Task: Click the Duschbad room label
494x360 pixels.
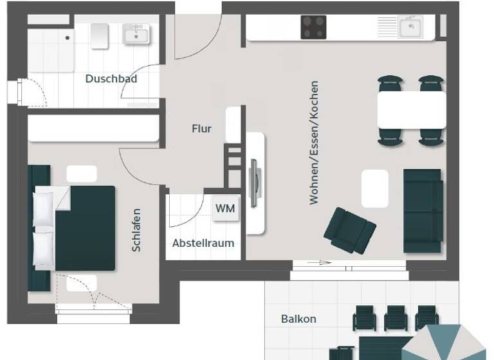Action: tap(111, 79)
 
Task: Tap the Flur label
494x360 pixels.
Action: tap(201, 129)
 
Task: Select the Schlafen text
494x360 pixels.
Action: tap(136, 230)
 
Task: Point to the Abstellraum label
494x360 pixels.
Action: tap(203, 243)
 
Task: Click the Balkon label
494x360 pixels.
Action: tap(298, 319)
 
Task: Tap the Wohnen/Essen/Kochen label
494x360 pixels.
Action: tap(314, 143)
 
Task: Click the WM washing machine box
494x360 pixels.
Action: tap(225, 209)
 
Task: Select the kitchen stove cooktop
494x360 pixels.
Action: tap(313, 27)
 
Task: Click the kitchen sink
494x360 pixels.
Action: tap(410, 27)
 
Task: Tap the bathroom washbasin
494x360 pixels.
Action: tap(136, 33)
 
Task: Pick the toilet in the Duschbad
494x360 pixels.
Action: tap(99, 36)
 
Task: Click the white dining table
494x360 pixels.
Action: tap(411, 109)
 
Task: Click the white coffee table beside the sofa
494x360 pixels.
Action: tap(374, 188)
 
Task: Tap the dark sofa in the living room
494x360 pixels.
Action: tap(423, 210)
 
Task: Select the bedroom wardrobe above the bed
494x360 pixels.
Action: tap(93, 128)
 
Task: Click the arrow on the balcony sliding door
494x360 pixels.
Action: tap(319, 262)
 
